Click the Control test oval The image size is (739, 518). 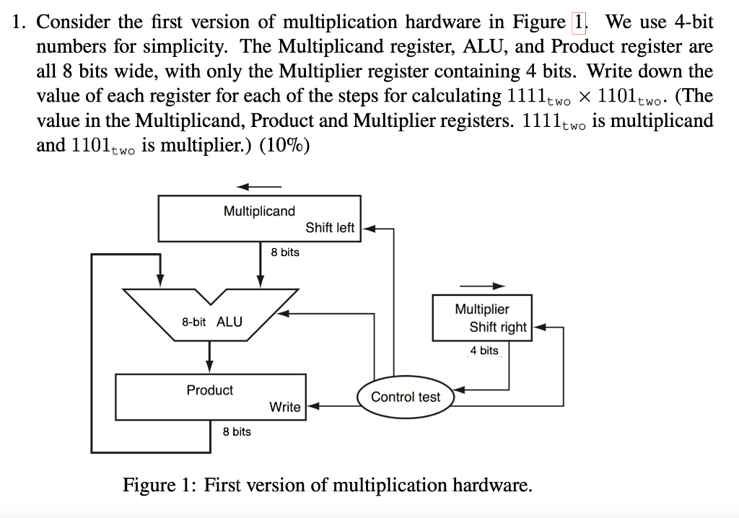405,397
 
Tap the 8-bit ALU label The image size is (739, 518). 212,321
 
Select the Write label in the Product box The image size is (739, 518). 284,407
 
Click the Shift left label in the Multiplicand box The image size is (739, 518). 330,227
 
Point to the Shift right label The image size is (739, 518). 498,327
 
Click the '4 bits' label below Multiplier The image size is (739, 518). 484,351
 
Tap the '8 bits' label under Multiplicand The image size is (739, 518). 285,253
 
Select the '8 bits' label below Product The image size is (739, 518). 237,431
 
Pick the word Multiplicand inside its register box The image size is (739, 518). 259,211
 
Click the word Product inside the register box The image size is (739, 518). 210,390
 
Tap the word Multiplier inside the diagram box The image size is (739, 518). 481,309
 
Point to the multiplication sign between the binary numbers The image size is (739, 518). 583,96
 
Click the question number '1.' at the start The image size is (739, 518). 21,22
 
